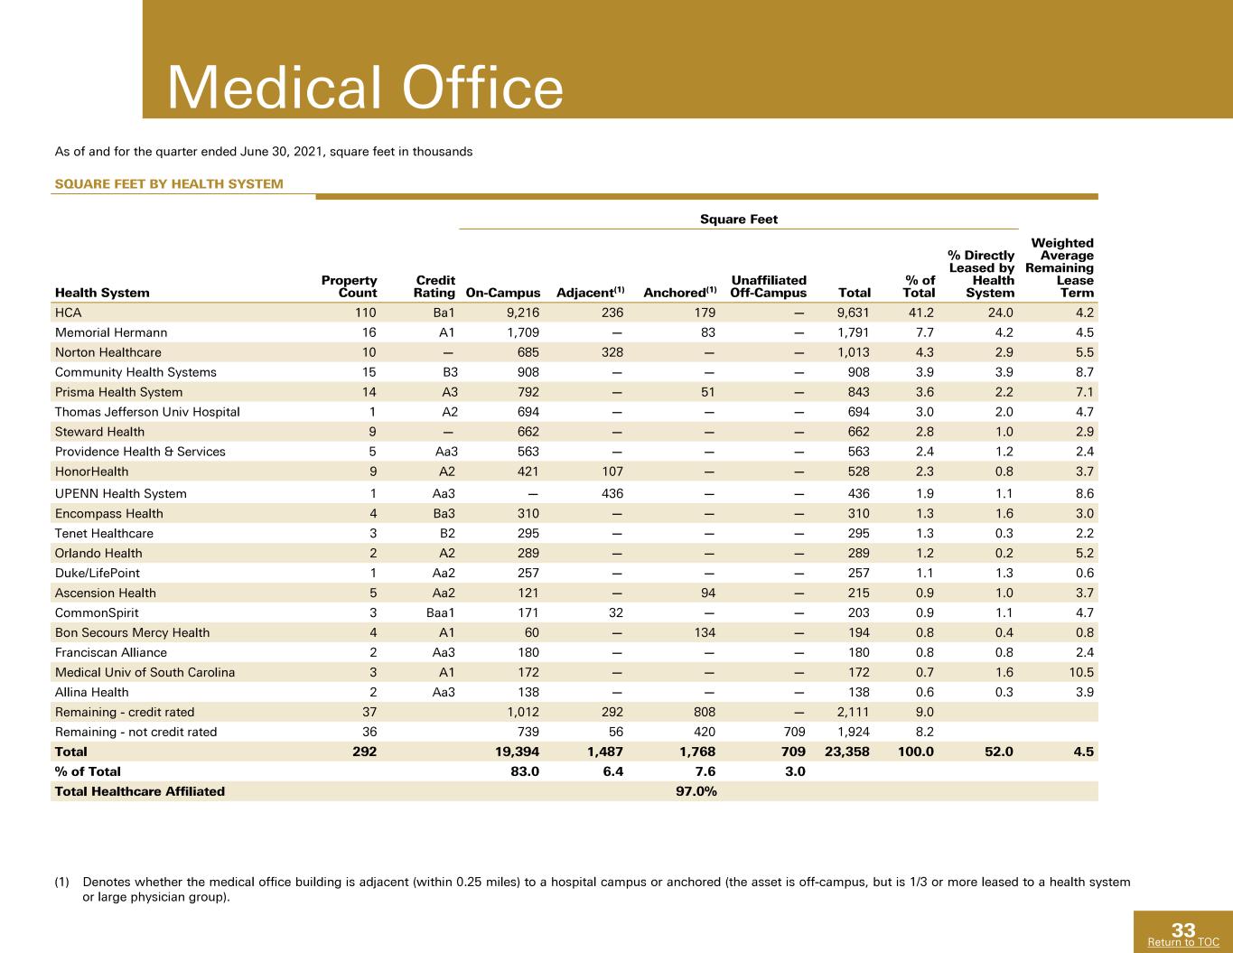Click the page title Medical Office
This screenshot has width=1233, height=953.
366,88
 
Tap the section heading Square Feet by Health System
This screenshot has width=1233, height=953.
169,183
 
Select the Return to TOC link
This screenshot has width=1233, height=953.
1183,942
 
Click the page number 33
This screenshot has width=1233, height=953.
1183,930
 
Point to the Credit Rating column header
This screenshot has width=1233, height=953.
434,286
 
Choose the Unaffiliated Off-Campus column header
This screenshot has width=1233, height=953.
769,286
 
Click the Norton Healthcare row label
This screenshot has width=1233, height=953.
107,352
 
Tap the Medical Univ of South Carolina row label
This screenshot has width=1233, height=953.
145,672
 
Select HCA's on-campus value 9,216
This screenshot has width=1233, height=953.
523,313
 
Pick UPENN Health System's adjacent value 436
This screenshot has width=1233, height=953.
612,493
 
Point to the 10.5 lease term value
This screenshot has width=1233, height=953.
1081,672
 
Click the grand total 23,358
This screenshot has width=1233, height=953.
846,752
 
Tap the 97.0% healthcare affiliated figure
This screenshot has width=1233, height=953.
696,791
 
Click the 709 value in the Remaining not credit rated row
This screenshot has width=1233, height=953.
794,732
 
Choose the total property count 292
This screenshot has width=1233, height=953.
364,752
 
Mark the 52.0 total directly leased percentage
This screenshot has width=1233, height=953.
999,752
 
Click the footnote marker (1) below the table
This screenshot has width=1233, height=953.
61,883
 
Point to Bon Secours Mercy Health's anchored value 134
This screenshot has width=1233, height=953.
705,632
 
